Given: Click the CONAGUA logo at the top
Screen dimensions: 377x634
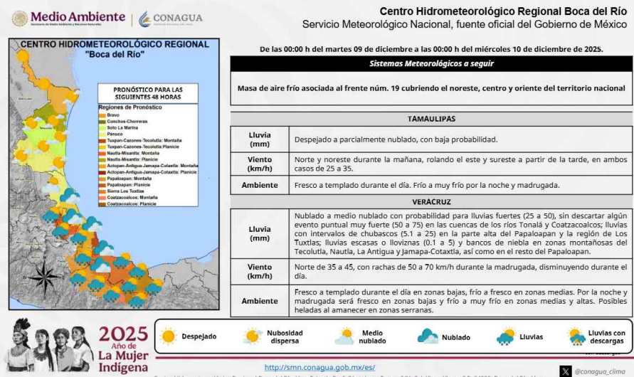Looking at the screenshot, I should tap(170, 18).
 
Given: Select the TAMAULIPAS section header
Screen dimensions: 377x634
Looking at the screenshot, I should tap(431, 119).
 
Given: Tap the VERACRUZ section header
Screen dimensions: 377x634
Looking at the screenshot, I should tap(431, 202).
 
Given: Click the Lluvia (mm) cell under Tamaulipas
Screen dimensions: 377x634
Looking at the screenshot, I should tap(259, 139).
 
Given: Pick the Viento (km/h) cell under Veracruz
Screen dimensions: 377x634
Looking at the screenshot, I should tap(259, 271).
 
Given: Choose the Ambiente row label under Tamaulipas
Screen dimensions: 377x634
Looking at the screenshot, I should tap(259, 186).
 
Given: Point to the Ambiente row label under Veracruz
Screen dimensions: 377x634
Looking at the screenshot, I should tap(259, 301).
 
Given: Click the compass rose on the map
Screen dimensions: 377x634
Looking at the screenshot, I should tap(44, 277).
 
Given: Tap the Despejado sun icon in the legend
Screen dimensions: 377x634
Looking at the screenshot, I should tap(168, 336).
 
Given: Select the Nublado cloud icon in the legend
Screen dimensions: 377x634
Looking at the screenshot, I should tap(428, 336).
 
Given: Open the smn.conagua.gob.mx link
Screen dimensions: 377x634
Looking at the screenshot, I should tap(310, 367).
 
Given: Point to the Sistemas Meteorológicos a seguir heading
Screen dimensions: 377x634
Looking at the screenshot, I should tap(431, 63).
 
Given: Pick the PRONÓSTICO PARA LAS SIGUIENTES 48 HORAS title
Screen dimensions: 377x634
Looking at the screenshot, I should tap(147, 93).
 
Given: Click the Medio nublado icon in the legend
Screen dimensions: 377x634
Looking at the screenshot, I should tap(345, 336).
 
